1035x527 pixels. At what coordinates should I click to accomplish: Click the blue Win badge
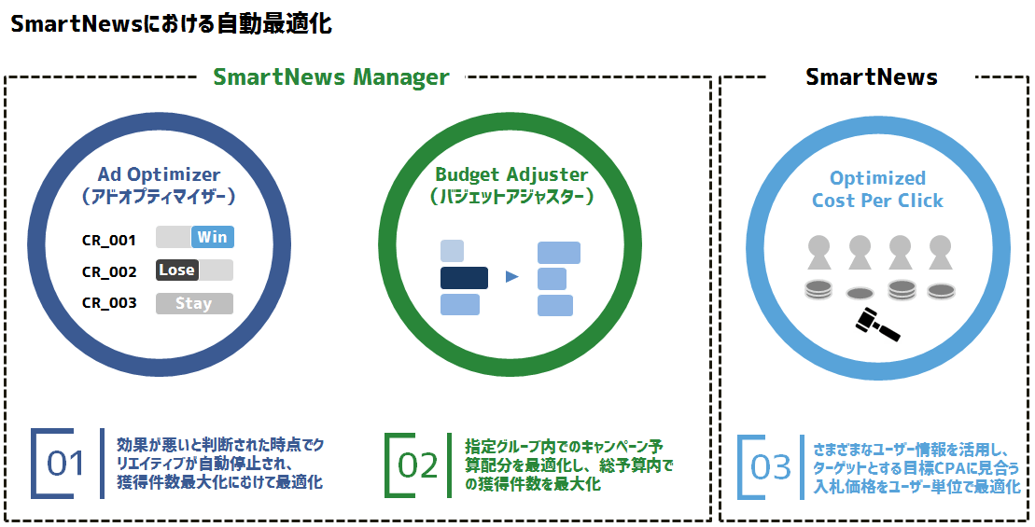click(x=212, y=237)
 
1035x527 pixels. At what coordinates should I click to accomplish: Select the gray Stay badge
click(x=194, y=303)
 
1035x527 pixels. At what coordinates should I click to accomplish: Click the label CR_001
click(x=109, y=240)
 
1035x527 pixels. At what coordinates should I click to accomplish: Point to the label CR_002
click(x=109, y=271)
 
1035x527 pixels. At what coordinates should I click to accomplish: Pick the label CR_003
click(x=109, y=303)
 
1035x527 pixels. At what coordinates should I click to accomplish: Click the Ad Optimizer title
click(x=159, y=174)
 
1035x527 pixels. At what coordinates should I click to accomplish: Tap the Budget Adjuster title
click(x=511, y=174)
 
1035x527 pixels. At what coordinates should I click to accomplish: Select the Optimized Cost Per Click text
click(x=877, y=189)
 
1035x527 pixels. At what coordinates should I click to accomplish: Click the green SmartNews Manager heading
click(x=331, y=77)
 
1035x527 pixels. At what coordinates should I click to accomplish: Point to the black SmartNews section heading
click(x=872, y=77)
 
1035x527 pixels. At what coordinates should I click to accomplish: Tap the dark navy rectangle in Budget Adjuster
click(x=464, y=277)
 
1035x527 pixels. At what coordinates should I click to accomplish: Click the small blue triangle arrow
click(x=511, y=277)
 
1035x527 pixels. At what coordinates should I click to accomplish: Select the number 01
click(x=65, y=464)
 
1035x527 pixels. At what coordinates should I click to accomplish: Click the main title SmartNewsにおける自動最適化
click(x=171, y=25)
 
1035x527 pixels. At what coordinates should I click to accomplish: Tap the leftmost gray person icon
click(x=818, y=252)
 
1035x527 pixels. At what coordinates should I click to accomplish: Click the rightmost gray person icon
click(x=940, y=252)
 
